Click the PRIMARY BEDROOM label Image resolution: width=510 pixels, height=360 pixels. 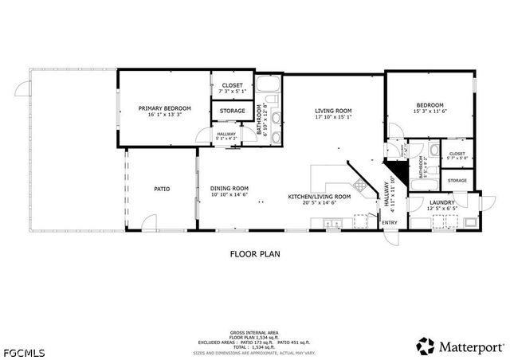pos(165,108)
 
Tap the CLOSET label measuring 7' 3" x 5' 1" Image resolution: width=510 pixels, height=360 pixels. pos(232,84)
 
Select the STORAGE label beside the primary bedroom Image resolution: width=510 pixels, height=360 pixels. pos(232,111)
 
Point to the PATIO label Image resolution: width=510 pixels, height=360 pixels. pos(162,189)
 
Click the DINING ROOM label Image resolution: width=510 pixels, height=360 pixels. pos(229,189)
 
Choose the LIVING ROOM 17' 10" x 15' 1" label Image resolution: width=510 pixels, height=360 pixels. pos(333,112)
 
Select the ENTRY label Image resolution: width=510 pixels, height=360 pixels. pos(390,222)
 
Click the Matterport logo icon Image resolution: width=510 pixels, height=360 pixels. pos(426,345)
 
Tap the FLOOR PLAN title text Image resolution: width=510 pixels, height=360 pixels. pos(255,254)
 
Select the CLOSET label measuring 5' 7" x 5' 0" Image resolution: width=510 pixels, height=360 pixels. pos(457,155)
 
